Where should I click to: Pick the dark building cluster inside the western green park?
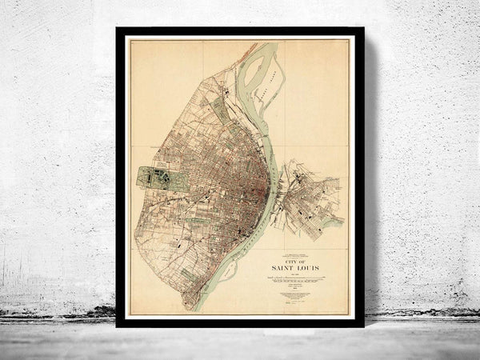tap(160, 178)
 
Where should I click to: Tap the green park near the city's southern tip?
tap(189, 274)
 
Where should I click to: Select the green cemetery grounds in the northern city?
tap(218, 108)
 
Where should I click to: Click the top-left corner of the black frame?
tap(117, 28)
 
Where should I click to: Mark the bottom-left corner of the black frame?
tap(117, 326)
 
